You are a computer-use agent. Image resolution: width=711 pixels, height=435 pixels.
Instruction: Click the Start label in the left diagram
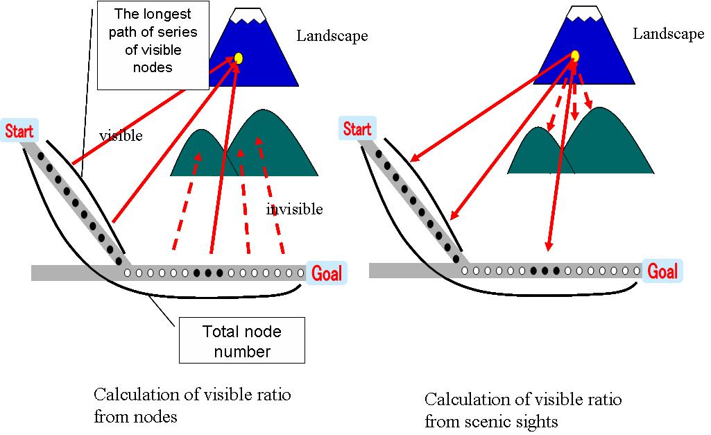[20, 130]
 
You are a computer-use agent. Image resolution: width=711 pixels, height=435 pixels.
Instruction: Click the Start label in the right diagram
[357, 128]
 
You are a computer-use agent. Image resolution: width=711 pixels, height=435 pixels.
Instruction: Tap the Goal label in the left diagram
[325, 273]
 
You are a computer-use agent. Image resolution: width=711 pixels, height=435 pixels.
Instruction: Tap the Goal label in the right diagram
[662, 271]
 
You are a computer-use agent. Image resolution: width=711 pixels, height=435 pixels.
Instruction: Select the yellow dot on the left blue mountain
[238, 58]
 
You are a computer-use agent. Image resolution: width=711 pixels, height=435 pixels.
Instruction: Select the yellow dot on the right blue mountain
[574, 56]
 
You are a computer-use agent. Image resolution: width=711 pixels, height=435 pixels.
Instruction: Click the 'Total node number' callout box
[242, 340]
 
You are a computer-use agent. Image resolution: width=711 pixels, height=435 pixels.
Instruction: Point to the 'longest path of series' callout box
[153, 46]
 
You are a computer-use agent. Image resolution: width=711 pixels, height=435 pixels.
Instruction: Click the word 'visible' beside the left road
[121, 136]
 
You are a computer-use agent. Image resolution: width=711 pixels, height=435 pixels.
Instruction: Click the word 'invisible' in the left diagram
[294, 209]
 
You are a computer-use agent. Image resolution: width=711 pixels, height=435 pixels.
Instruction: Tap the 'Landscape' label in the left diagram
[332, 35]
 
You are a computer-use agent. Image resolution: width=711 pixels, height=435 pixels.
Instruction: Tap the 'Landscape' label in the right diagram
[668, 34]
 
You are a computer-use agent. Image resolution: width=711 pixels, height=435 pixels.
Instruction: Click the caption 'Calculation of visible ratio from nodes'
[192, 405]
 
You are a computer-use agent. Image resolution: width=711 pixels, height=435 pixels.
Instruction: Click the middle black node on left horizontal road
[208, 273]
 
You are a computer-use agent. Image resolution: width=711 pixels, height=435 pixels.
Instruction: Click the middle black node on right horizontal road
[545, 271]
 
